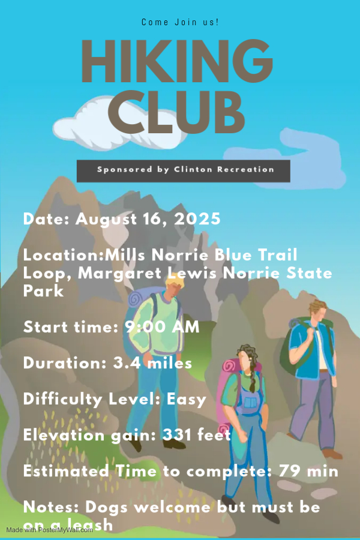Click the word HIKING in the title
177,61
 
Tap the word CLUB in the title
176,112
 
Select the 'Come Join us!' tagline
180,22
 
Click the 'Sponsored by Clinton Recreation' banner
183,171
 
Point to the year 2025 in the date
197,219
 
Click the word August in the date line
106,220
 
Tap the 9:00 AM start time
162,327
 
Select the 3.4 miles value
152,363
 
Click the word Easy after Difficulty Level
187,400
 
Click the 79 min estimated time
308,471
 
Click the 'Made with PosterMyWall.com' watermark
49,530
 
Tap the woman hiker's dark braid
253,376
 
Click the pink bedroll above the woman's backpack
230,367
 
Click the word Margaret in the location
119,274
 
